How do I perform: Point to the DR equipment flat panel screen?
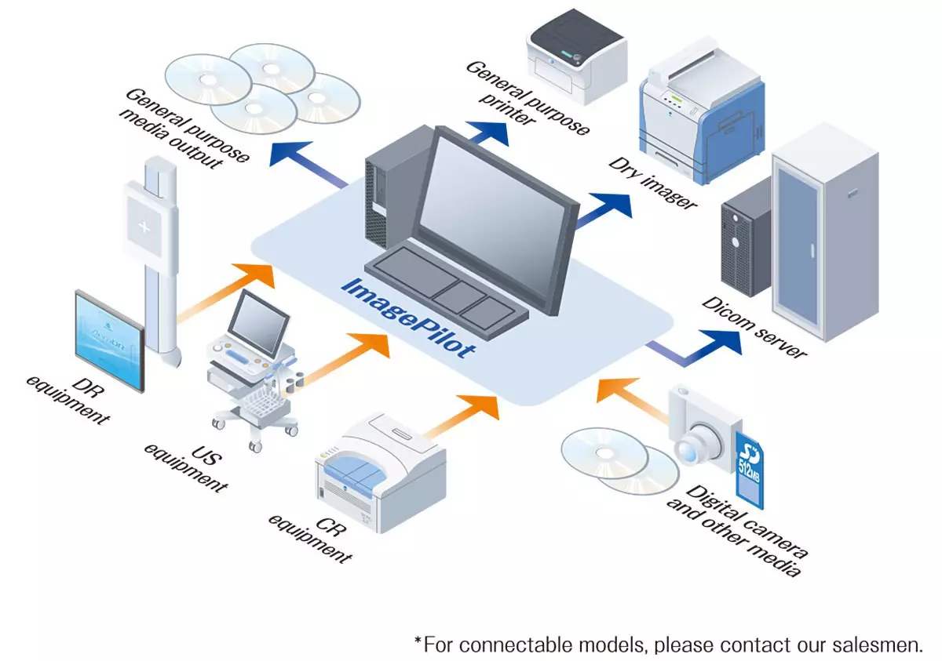(x=109, y=341)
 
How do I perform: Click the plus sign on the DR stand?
(x=144, y=228)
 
